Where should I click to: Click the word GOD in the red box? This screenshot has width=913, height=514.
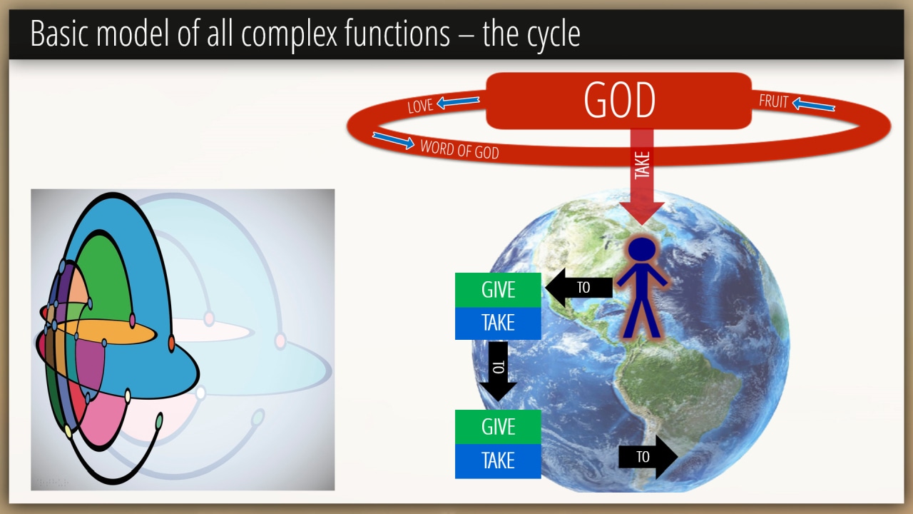pos(620,100)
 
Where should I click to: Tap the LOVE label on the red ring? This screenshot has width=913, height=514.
pos(420,106)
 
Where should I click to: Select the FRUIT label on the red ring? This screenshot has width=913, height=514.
pos(773,101)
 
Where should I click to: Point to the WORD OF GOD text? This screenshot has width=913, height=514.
pos(459,149)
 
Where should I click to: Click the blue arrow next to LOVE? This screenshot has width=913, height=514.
pos(458,102)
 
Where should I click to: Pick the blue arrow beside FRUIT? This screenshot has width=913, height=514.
pos(814,105)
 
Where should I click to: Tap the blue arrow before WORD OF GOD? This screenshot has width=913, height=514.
pos(393,141)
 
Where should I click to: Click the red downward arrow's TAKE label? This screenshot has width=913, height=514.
pos(642,165)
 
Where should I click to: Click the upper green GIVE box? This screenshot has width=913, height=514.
pos(498,290)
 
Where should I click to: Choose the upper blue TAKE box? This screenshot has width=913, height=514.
pos(498,323)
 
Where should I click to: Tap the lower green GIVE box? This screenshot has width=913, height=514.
pos(498,427)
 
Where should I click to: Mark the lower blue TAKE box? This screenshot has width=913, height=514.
pos(498,461)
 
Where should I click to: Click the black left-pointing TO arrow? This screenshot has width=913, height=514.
pos(578,288)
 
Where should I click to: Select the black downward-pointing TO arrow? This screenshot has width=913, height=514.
pos(498,371)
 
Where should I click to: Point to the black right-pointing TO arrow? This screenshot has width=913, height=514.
pos(648,457)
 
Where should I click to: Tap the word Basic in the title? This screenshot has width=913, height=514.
pos(59,33)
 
